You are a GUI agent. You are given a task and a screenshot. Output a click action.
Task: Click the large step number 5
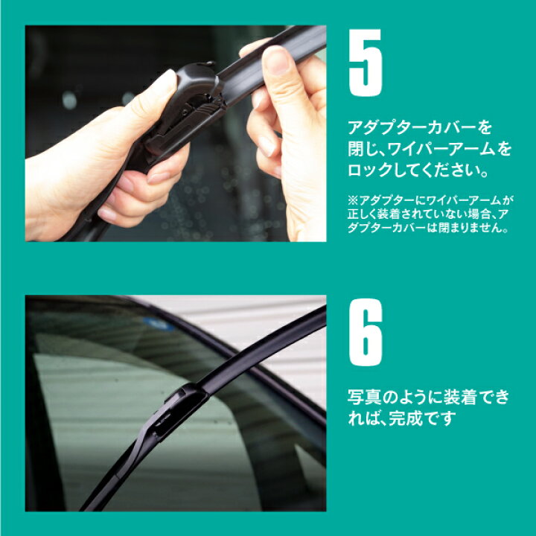pyautogui.click(x=365, y=63)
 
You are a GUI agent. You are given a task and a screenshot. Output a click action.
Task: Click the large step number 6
pyautogui.click(x=366, y=332)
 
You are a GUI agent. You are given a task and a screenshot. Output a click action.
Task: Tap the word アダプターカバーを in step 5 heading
pyautogui.click(x=420, y=127)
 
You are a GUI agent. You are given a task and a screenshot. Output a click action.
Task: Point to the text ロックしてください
pyautogui.click(x=413, y=170)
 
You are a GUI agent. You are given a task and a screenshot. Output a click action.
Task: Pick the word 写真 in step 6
pyautogui.click(x=364, y=398)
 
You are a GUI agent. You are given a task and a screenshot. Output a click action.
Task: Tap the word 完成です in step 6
pyautogui.click(x=423, y=418)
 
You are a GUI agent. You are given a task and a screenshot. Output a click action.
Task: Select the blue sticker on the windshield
pyautogui.click(x=158, y=324)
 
